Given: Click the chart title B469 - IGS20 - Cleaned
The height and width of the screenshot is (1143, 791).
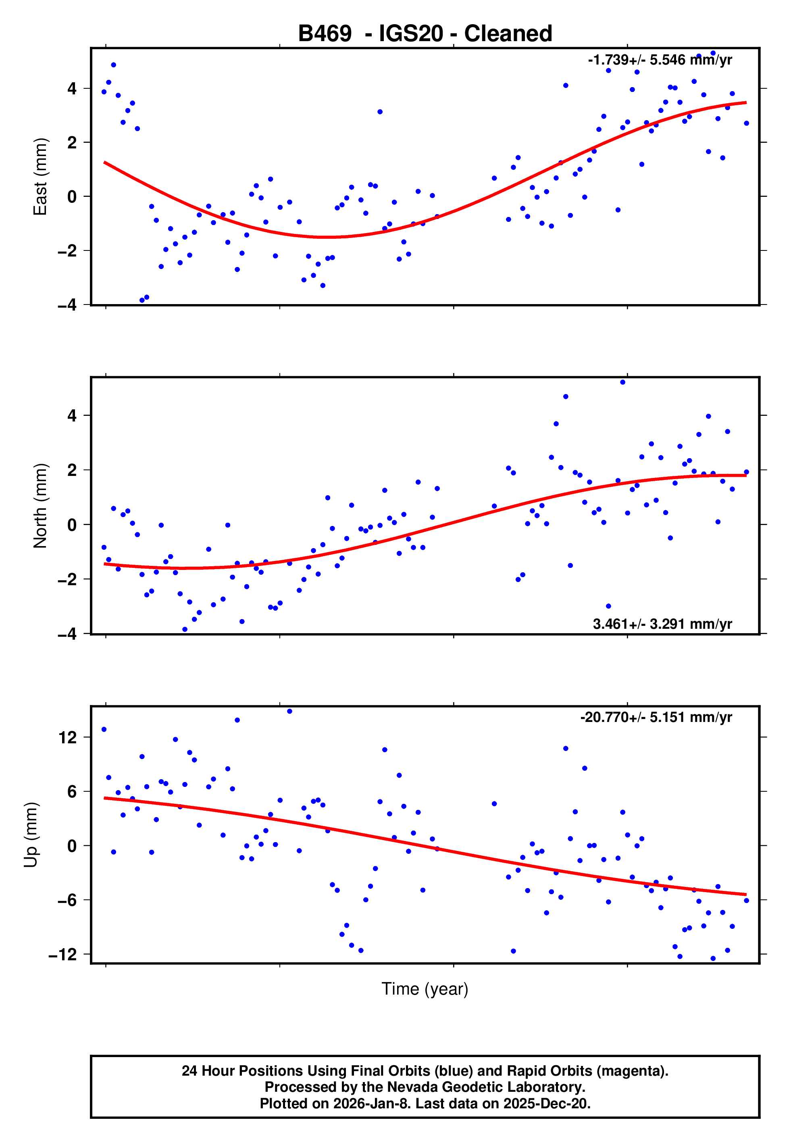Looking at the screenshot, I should pos(425,34).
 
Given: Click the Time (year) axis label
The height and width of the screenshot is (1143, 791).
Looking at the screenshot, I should pos(425,989).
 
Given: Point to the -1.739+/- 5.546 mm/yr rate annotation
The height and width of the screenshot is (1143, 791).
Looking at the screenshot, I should pos(660,60).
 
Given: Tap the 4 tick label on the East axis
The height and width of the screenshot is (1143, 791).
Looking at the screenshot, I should pos(72,89).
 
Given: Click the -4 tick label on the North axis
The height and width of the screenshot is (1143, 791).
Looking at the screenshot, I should pos(67,634).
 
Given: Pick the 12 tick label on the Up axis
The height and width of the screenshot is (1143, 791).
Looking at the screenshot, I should pos(68,738).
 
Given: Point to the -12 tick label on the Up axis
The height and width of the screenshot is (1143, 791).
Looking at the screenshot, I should pos(62,954).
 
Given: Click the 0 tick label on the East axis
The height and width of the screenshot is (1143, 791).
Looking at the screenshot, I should pos(72,197).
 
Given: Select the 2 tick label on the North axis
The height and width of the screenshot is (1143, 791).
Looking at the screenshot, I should pos(72,470).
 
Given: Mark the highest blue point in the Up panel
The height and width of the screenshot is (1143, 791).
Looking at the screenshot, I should pos(289,711).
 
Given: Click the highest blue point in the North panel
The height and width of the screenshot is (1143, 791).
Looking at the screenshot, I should pos(622,382).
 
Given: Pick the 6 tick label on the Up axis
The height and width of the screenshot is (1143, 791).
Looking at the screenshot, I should pos(72,792).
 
